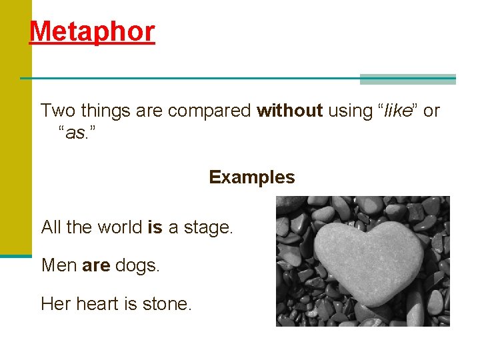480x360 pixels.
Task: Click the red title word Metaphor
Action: pos(92,31)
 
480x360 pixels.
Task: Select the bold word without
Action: pos(290,111)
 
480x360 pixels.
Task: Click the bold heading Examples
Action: pos(251,177)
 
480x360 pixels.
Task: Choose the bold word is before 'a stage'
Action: pos(155,227)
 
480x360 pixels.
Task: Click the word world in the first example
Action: pos(120,227)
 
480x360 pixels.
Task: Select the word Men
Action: pos(59,265)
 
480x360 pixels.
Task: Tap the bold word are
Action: pos(96,266)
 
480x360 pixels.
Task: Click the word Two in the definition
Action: pos(57,111)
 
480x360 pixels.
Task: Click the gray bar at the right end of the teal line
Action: pos(407,79)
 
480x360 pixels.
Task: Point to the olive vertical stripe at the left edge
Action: pos(15,133)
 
